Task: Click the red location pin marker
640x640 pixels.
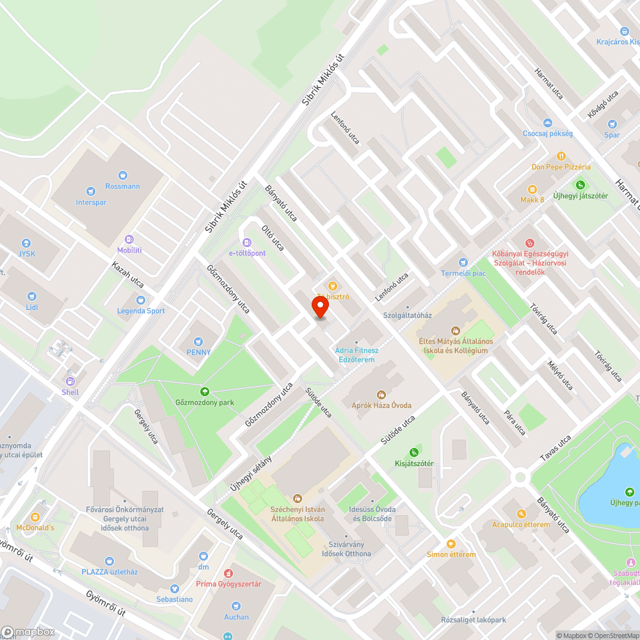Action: [x=320, y=308]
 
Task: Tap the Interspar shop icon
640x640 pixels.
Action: [x=91, y=190]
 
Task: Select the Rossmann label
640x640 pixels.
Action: [x=123, y=186]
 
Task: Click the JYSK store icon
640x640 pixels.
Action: [x=26, y=243]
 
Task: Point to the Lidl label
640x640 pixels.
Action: [x=32, y=307]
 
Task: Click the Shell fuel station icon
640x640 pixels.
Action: [x=70, y=381]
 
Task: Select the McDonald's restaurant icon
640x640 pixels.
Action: [x=35, y=516]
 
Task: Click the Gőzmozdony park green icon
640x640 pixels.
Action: [x=205, y=392]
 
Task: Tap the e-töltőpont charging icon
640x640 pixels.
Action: [x=247, y=242]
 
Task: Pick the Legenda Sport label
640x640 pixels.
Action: [x=141, y=311]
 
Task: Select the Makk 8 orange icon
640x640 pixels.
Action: [x=532, y=189]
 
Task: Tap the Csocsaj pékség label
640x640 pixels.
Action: [x=547, y=133]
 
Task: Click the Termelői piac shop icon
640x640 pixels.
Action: [x=463, y=262]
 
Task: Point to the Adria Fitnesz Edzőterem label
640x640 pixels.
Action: [x=356, y=355]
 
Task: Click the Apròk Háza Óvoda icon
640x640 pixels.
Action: [x=381, y=395]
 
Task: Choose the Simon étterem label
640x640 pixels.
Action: [x=451, y=554]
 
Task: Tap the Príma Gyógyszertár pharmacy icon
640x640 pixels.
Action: [x=228, y=573]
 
